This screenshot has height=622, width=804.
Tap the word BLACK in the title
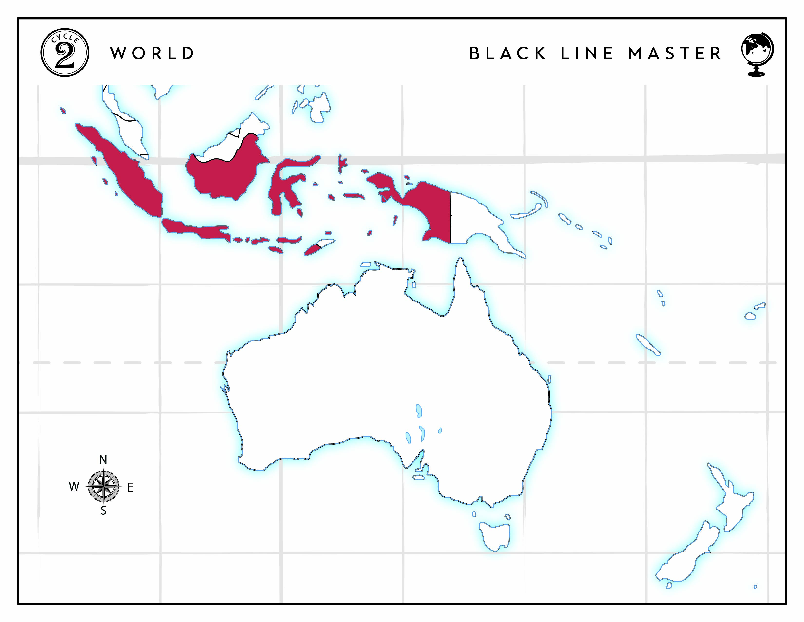(x=508, y=53)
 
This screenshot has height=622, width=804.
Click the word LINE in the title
(x=587, y=53)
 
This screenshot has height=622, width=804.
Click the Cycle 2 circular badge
(x=65, y=53)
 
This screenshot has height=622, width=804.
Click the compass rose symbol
(x=104, y=486)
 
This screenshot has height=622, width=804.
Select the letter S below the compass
(x=104, y=511)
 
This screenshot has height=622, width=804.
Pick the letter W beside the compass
(x=74, y=486)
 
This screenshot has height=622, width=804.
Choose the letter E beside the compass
(x=130, y=488)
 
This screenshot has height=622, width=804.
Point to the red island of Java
(x=195, y=229)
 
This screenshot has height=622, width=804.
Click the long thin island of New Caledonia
(x=648, y=344)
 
